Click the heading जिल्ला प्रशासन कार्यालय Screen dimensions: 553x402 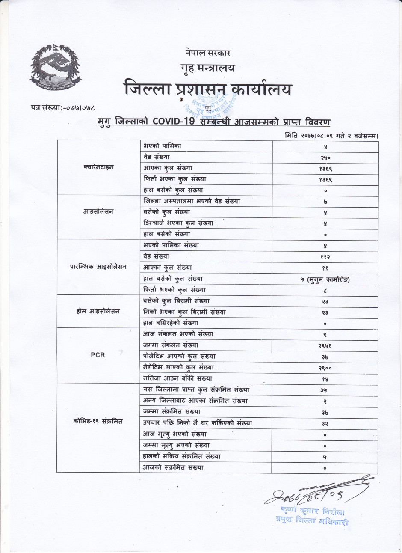(208, 89)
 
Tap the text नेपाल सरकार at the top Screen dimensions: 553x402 (208, 53)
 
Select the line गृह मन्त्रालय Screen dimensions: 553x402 (208, 68)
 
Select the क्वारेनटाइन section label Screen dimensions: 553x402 (98, 167)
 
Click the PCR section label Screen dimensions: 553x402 (98, 355)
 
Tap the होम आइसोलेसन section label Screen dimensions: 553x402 (98, 311)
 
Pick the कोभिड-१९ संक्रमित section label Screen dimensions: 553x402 (98, 421)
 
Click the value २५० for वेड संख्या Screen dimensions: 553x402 (325, 158)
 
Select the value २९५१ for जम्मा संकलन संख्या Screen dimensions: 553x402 (325, 345)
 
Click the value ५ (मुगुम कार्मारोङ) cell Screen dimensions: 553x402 (325, 279)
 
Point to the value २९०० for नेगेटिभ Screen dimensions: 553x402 (325, 368)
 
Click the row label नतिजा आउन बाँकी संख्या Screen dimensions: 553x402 (177, 378)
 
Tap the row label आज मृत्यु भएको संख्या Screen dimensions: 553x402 (174, 434)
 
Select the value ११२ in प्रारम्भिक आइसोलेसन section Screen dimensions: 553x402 (325, 257)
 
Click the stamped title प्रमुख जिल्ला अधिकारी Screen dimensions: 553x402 (313, 521)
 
